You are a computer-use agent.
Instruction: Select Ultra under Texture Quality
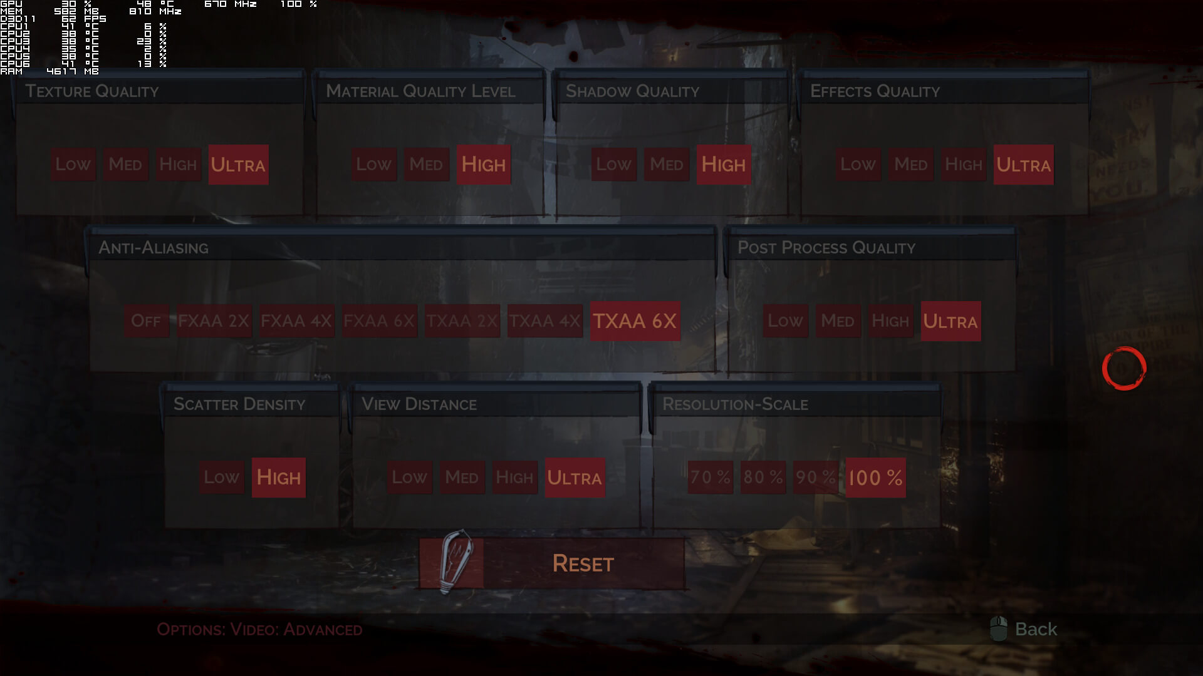coord(238,165)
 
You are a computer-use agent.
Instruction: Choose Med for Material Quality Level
coord(426,165)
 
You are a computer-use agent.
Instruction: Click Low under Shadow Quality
coord(613,165)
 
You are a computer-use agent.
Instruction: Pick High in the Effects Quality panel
coord(963,165)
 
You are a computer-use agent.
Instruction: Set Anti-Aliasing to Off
coord(146,321)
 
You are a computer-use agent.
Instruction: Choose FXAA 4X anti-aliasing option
coord(296,321)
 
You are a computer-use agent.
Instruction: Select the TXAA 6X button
coord(635,321)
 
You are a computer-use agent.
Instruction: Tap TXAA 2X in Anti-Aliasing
coord(462,321)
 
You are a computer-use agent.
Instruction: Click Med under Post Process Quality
coord(837,321)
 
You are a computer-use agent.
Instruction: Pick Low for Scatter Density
coord(221,478)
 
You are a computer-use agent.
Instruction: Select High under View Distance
coord(514,478)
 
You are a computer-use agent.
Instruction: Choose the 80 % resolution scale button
coord(763,478)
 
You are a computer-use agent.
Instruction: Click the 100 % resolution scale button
coord(875,478)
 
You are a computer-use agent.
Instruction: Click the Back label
coord(1036,629)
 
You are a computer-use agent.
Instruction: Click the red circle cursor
coord(1124,368)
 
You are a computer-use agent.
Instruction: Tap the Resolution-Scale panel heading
coord(735,404)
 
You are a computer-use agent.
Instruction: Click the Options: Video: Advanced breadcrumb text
coord(259,629)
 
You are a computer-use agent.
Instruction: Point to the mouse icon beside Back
coord(999,628)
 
